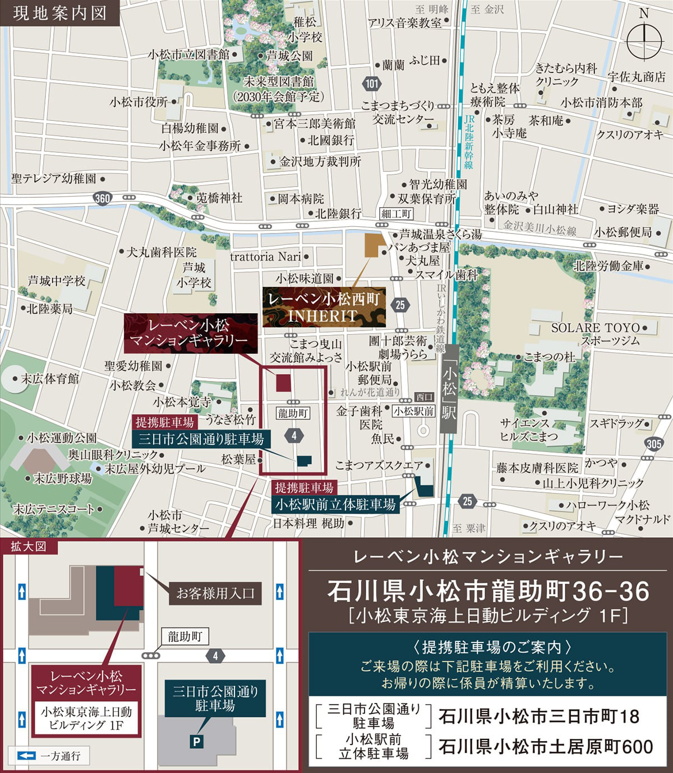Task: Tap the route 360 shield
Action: click(x=103, y=198)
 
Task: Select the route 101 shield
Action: click(x=371, y=84)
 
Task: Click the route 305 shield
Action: click(x=653, y=444)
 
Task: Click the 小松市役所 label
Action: click(x=139, y=103)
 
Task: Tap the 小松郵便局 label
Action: click(x=623, y=232)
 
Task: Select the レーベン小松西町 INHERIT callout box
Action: click(x=324, y=307)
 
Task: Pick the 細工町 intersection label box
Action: click(x=397, y=213)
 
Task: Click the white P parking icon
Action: click(x=197, y=742)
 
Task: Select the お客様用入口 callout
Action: click(x=216, y=593)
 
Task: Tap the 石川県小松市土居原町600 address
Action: click(x=545, y=746)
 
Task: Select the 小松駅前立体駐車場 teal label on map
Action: click(x=335, y=504)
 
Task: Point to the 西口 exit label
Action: click(x=425, y=397)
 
